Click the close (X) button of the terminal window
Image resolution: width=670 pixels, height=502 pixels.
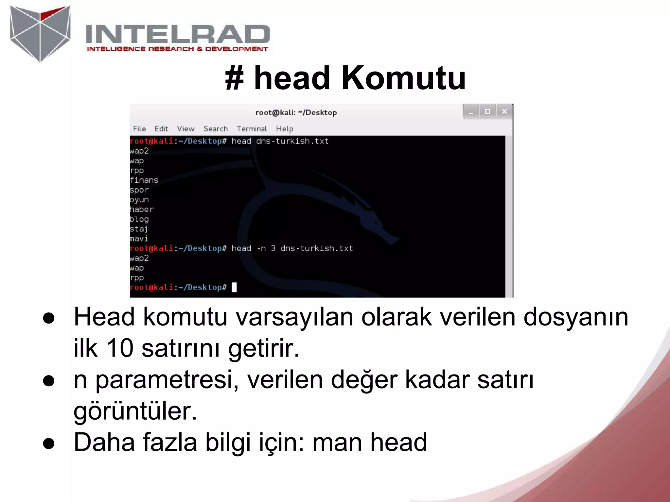[x=504, y=112]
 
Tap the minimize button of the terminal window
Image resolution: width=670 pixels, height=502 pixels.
[x=471, y=112]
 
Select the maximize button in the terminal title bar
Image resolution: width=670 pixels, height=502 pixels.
[x=487, y=112]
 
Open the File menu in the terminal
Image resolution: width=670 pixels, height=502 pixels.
[x=139, y=129]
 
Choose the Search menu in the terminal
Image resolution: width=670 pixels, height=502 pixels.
[x=215, y=129]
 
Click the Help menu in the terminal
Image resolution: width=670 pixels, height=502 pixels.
[x=284, y=129]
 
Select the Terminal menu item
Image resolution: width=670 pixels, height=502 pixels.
[x=252, y=129]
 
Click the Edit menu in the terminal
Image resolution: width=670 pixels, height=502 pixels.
[x=161, y=129]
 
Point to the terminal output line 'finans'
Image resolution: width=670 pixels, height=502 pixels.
[x=144, y=180]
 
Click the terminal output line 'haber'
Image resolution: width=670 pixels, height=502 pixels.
[x=142, y=209]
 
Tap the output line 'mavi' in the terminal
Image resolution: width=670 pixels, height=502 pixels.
[x=139, y=239]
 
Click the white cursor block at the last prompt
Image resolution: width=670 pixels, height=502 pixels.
[x=234, y=287]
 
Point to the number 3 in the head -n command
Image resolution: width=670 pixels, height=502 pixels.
[x=273, y=248]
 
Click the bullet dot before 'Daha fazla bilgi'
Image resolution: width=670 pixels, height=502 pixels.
[x=49, y=443]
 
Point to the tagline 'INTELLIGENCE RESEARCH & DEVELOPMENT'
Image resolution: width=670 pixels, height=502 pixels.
[x=177, y=49]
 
